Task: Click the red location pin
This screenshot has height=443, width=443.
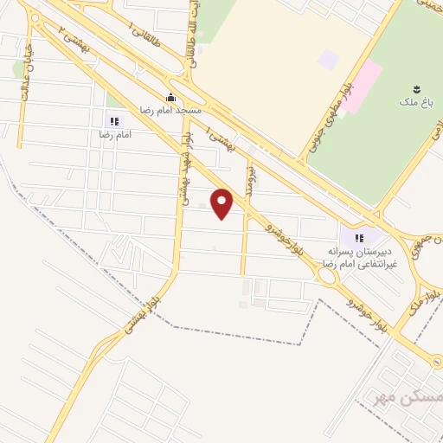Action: pyautogui.click(x=223, y=203)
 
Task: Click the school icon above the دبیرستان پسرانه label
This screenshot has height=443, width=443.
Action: pyautogui.click(x=356, y=235)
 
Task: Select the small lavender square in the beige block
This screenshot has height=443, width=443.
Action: pyautogui.click(x=328, y=60)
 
